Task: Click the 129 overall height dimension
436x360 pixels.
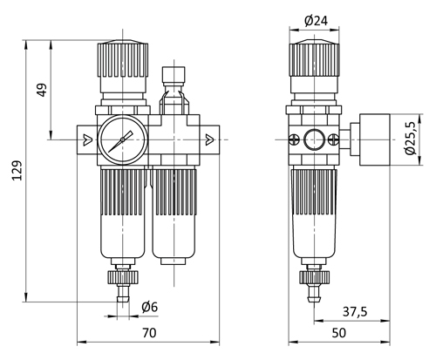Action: (17, 170)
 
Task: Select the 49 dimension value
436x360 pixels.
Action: (42, 90)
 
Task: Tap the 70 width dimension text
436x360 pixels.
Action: (149, 333)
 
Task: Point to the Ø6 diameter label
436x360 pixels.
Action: (150, 307)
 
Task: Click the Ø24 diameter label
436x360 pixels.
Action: (316, 21)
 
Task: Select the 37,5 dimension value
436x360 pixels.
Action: (355, 312)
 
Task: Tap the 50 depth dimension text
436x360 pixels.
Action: (339, 333)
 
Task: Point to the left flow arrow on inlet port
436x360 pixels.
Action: (87, 139)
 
